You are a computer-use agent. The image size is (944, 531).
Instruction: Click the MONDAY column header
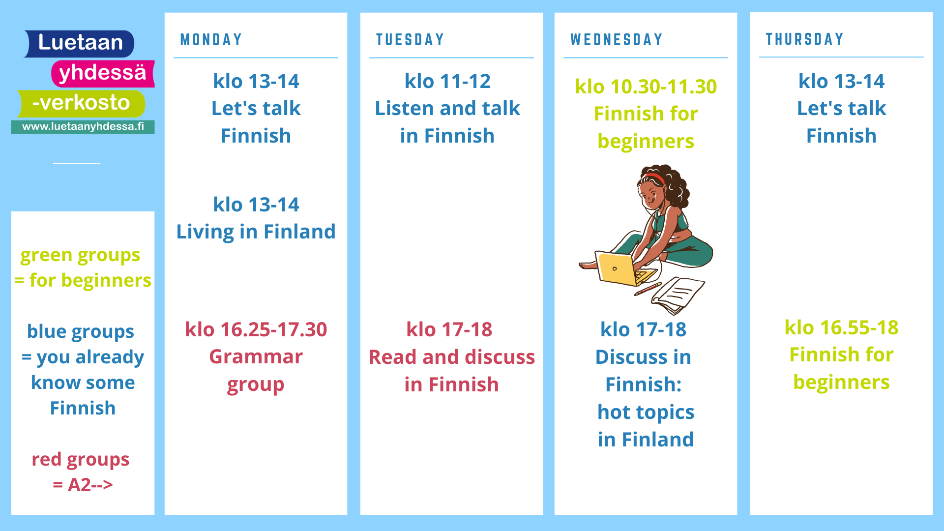pyautogui.click(x=211, y=40)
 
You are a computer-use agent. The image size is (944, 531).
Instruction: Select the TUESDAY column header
pyautogui.click(x=410, y=40)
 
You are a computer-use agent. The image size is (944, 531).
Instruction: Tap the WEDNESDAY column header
pyautogui.click(x=617, y=40)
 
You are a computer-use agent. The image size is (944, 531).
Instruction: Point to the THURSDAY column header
pyautogui.click(x=804, y=39)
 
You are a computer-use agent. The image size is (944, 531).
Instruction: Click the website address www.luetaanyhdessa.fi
pyautogui.click(x=83, y=126)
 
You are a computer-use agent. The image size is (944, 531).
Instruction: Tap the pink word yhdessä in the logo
pyautogui.click(x=102, y=73)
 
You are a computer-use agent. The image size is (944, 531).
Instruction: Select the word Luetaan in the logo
pyautogui.click(x=81, y=43)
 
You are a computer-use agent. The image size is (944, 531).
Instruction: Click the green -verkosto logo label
pyautogui.click(x=81, y=103)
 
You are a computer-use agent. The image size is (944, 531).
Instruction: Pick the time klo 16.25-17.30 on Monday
pyautogui.click(x=256, y=329)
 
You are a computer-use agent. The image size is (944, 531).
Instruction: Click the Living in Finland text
pyautogui.click(x=256, y=232)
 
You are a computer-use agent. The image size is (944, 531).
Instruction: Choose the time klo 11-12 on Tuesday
pyautogui.click(x=447, y=81)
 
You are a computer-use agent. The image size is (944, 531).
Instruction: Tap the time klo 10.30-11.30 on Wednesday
pyautogui.click(x=646, y=87)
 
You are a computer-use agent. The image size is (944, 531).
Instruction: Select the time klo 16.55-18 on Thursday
pyautogui.click(x=841, y=327)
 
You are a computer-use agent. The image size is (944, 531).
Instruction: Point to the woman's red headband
pyautogui.click(x=656, y=177)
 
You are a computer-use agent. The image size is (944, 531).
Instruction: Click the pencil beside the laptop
pyautogui.click(x=648, y=289)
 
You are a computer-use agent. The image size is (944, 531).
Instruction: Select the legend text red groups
pyautogui.click(x=81, y=460)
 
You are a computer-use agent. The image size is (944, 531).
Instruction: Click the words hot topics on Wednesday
pyautogui.click(x=646, y=412)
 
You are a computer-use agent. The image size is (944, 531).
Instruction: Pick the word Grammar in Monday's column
pyautogui.click(x=256, y=357)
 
